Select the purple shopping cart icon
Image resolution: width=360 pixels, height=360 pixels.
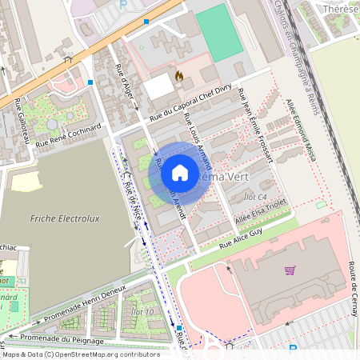tap(290, 270)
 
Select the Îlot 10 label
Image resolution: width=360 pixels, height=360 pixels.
tap(142, 310)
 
